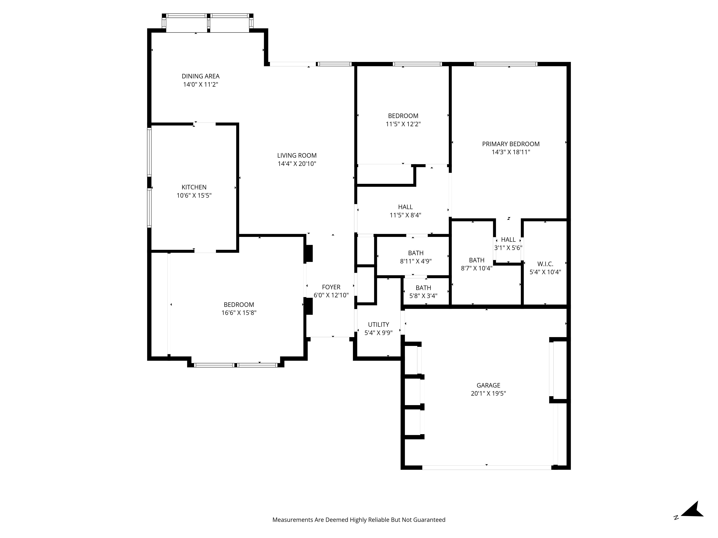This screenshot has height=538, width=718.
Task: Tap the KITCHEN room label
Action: click(x=194, y=187)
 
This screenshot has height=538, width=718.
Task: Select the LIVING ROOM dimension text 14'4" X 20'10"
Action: click(x=297, y=164)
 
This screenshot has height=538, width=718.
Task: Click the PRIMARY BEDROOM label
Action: click(x=510, y=144)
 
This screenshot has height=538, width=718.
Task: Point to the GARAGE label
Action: click(x=488, y=385)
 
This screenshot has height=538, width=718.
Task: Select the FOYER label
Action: click(x=331, y=287)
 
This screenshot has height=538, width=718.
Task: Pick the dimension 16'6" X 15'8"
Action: click(x=239, y=313)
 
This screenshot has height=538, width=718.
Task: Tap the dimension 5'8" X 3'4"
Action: click(x=423, y=296)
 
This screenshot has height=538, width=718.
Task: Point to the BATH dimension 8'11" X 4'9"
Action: click(x=416, y=261)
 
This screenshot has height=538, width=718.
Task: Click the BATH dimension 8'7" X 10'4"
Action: click(x=477, y=268)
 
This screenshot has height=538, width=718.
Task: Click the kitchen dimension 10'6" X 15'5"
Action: click(x=194, y=195)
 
